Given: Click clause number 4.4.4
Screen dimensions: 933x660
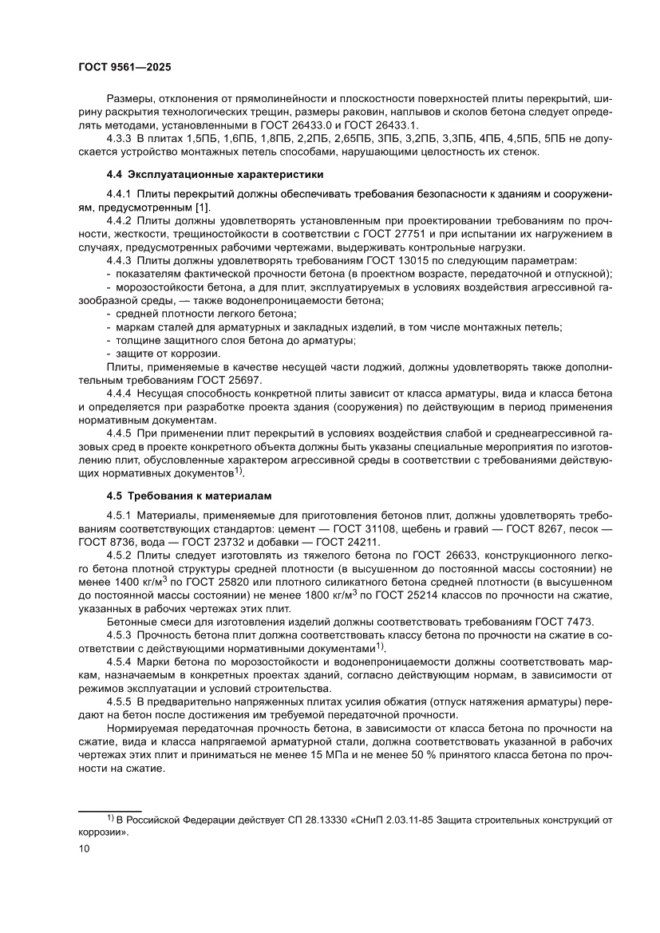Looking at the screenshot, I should pos(120,395).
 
